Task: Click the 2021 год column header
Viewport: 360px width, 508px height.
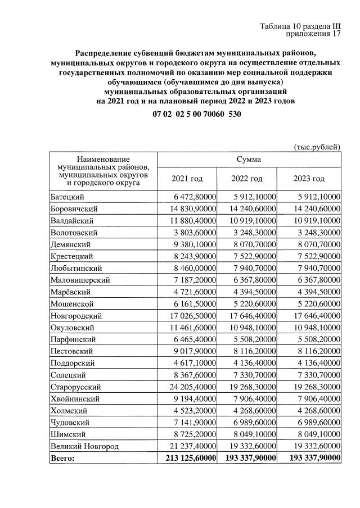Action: pos(186,179)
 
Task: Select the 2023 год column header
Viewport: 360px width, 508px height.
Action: pos(309,179)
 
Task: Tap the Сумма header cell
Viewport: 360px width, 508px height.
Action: pos(248,160)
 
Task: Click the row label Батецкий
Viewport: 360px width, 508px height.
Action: pos(67,197)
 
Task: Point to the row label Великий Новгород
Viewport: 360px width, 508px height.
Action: pos(83,446)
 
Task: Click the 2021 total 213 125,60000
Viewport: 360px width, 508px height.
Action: pos(187,458)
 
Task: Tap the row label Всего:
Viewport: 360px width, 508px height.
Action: pos(62,458)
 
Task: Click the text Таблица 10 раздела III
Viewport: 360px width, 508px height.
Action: pos(300,26)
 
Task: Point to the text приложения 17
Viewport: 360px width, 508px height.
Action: pos(314,35)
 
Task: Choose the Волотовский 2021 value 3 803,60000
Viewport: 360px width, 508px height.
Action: pos(193,232)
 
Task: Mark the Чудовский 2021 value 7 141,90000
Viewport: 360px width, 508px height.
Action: pos(193,422)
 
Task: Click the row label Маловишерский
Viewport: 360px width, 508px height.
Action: pos(80,280)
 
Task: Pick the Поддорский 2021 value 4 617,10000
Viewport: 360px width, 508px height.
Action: pos(193,363)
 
